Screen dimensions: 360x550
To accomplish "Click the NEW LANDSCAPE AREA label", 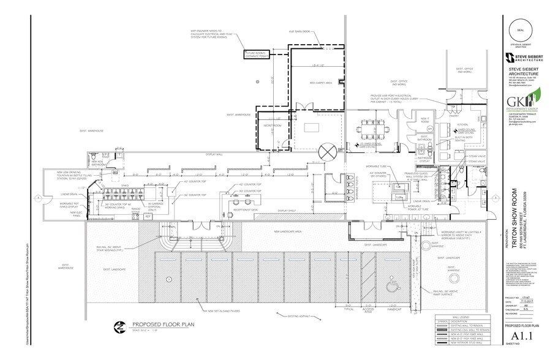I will [x=296, y=231].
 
